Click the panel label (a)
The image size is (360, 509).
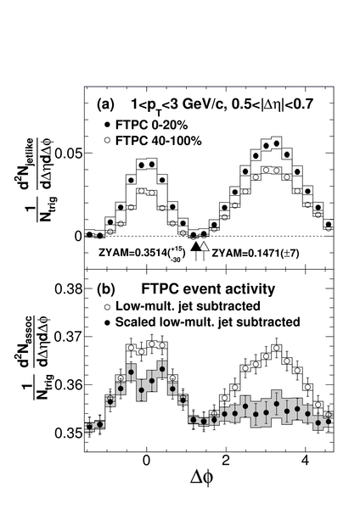pyautogui.click(x=105, y=105)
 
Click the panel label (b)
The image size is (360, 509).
pyautogui.click(x=105, y=289)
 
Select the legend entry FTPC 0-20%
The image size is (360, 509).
pyautogui.click(x=146, y=125)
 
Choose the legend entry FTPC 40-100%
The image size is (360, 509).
pyautogui.click(x=153, y=141)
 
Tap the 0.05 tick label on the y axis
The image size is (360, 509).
pyautogui.click(x=68, y=153)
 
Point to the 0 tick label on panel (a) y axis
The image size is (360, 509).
pyautogui.click(x=77, y=236)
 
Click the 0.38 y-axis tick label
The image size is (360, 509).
pyautogui.click(x=68, y=288)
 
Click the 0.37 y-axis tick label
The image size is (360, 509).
pyautogui.click(x=68, y=337)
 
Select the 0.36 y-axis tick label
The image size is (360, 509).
pyautogui.click(x=68, y=384)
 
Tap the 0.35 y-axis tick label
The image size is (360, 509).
pyautogui.click(x=68, y=433)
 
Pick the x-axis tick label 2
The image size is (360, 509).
pyautogui.click(x=226, y=461)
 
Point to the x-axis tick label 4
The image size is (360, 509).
pyautogui.click(x=305, y=461)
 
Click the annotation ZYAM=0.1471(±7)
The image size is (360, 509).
pyautogui.click(x=256, y=253)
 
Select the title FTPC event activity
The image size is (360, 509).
pyautogui.click(x=208, y=289)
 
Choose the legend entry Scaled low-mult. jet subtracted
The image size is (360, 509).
pyautogui.click(x=202, y=322)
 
